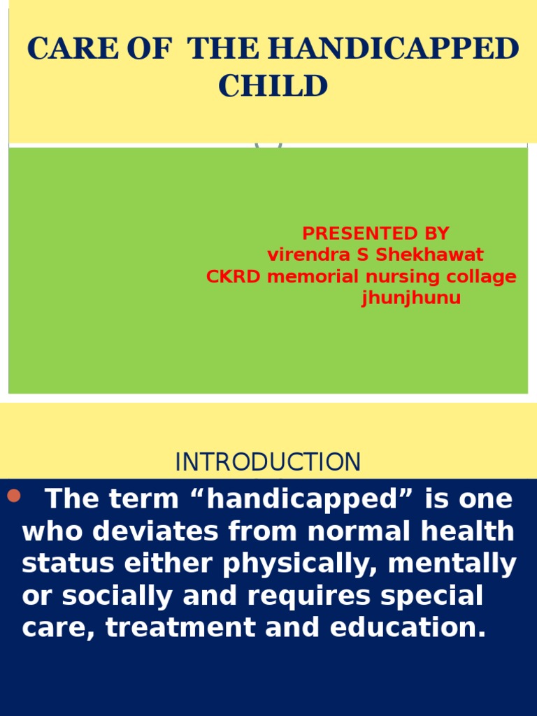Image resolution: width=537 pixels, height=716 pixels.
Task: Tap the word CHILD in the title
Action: tap(273, 87)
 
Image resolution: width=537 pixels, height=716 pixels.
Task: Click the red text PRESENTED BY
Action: tap(375, 234)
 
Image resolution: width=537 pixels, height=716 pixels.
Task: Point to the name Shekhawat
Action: tap(430, 255)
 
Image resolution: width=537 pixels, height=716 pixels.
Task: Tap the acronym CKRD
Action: tap(234, 277)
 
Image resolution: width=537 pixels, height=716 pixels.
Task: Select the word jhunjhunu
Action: tap(411, 299)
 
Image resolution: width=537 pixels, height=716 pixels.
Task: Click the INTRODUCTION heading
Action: tap(268, 462)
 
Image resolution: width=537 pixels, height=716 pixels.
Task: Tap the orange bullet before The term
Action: tap(13, 497)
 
